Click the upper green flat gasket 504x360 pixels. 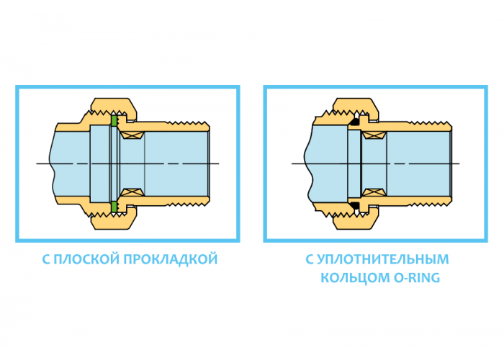tap(114, 120)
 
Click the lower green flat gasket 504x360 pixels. tap(114, 207)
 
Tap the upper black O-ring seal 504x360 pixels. tap(355, 122)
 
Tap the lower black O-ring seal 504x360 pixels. tap(355, 205)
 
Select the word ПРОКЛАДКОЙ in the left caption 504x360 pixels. tap(171, 259)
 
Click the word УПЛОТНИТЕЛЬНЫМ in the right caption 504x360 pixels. tap(382, 259)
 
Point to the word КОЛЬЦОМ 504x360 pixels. tap(355, 277)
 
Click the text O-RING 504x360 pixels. tap(417, 277)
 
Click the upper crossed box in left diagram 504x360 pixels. tap(132, 135)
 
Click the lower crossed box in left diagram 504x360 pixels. tap(132, 192)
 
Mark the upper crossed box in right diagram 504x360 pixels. tap(374, 135)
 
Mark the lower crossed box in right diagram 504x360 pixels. tap(374, 192)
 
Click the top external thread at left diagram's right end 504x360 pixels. tap(188, 123)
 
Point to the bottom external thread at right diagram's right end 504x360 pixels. tap(430, 204)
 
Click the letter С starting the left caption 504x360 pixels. tap(46, 259)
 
